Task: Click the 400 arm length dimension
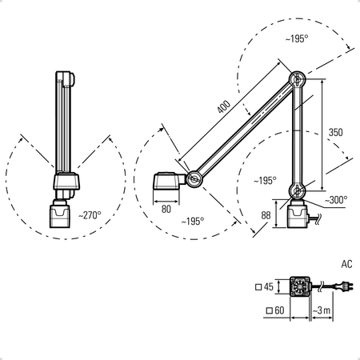(x=223, y=106)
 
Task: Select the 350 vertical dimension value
(x=335, y=132)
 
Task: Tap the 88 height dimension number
(x=266, y=215)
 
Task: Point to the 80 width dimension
(x=166, y=209)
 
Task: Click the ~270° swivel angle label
(x=90, y=215)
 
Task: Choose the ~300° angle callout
(x=336, y=200)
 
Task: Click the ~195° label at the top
(x=297, y=39)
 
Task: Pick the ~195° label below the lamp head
(x=193, y=222)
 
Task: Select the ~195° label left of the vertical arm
(x=265, y=181)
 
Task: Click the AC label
(x=346, y=264)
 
